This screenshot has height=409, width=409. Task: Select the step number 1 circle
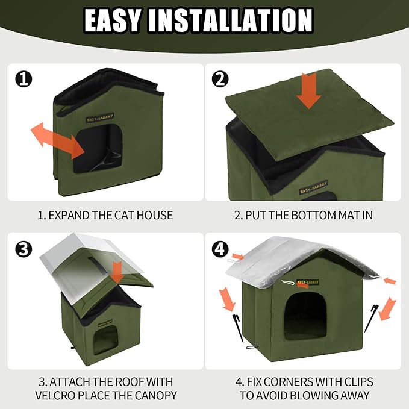(x=23, y=78)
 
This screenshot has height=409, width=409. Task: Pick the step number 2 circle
(x=221, y=78)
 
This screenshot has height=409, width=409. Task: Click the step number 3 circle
(x=23, y=249)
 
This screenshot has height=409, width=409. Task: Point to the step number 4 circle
(x=221, y=249)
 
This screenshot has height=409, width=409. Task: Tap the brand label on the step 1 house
(x=101, y=116)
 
